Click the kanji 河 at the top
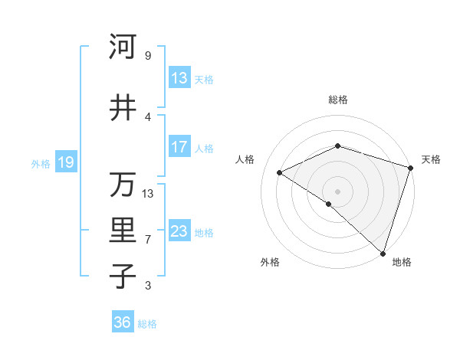coord(123,47)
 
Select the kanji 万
coord(123,185)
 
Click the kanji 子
coord(123,277)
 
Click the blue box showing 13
coord(179,78)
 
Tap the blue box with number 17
coord(179,147)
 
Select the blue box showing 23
coord(179,231)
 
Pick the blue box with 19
coord(65,162)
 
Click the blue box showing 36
coord(123,322)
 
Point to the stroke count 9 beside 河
coord(148,56)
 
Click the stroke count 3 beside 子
coord(148,286)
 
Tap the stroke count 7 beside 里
coord(148,240)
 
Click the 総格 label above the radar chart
coord(338,100)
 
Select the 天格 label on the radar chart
coord(431,159)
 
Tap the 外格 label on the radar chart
coord(270,262)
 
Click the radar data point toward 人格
coord(280,172)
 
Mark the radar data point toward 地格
coord(383,253)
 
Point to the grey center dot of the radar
coord(337,191)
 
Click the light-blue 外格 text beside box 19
coord(40,163)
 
